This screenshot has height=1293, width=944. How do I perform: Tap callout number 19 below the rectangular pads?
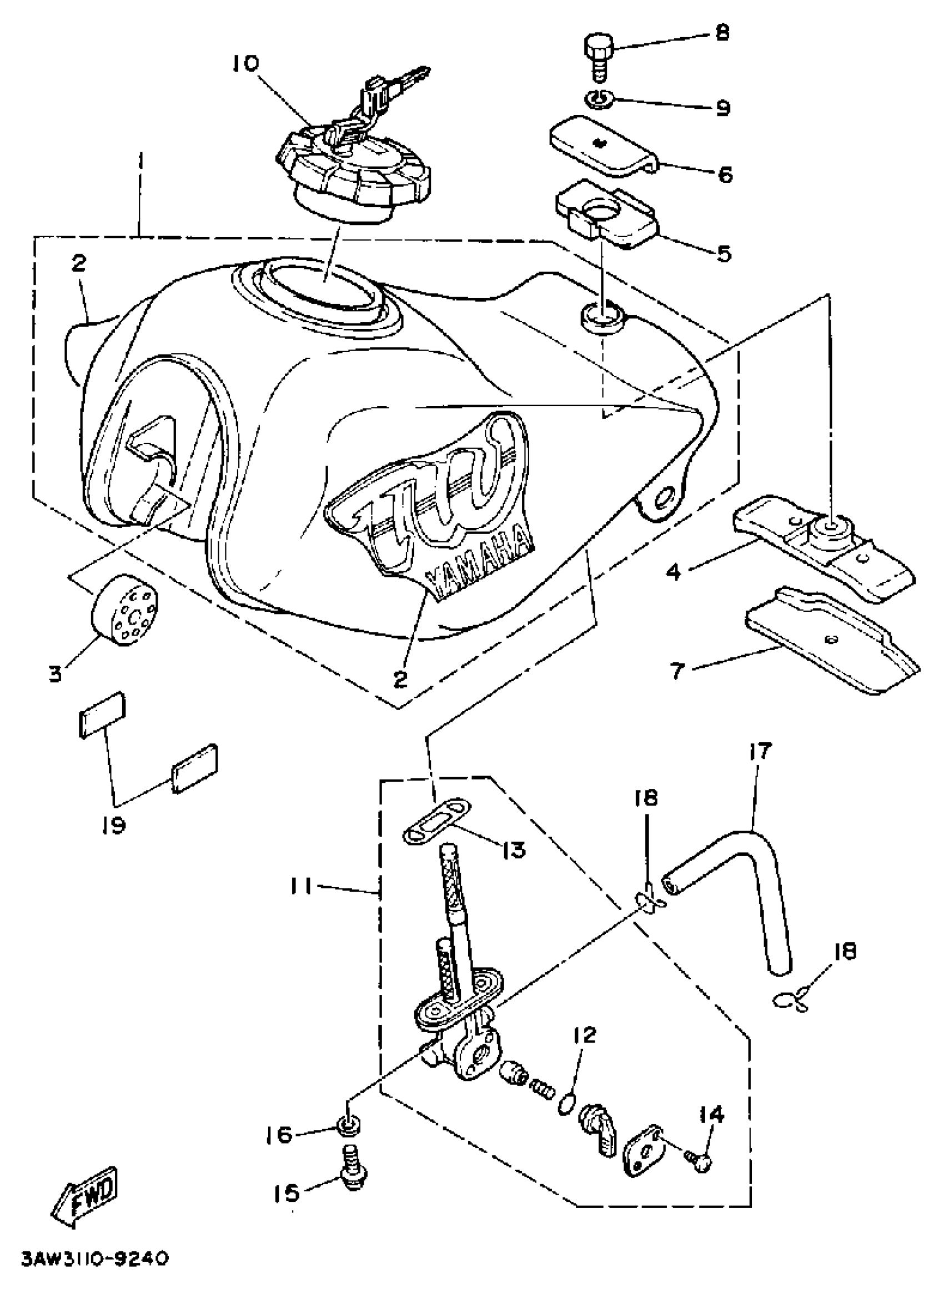point(114,824)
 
